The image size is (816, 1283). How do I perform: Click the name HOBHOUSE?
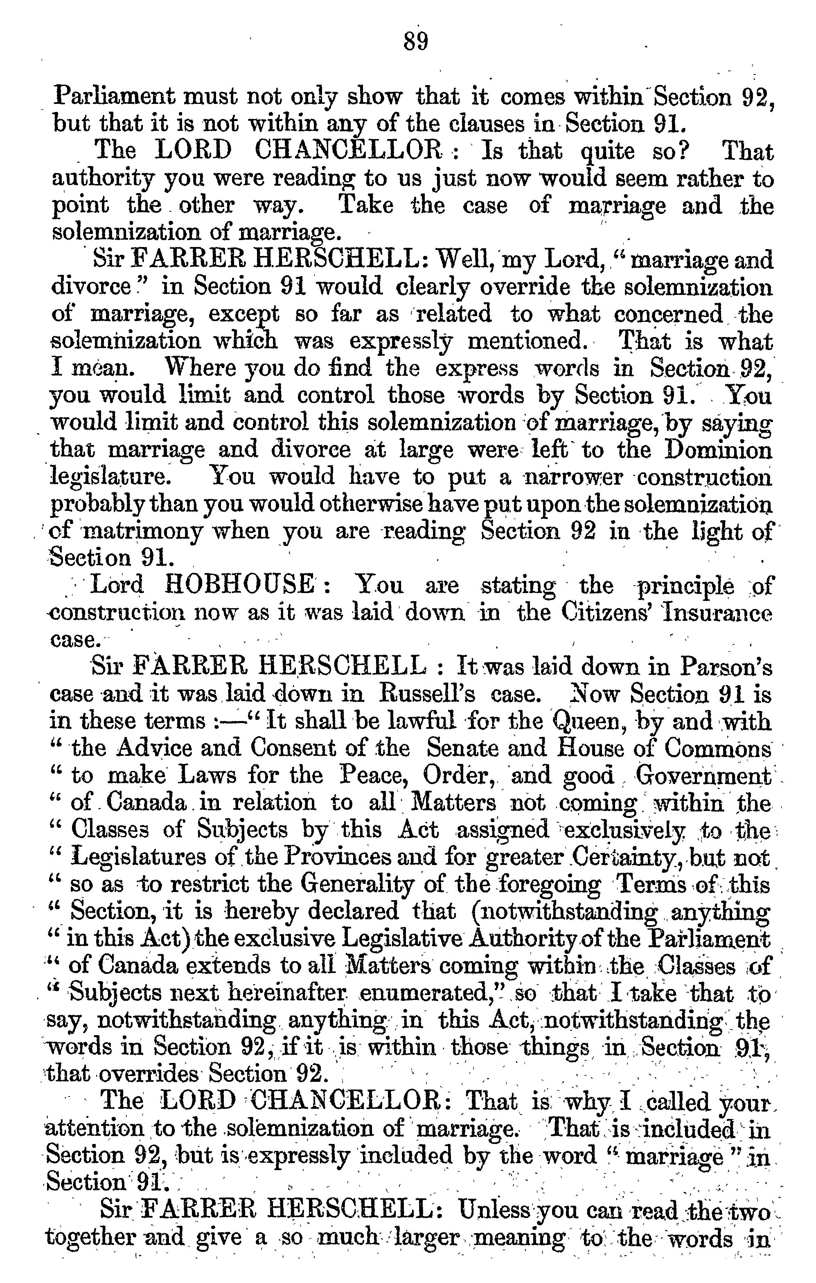(239, 584)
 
